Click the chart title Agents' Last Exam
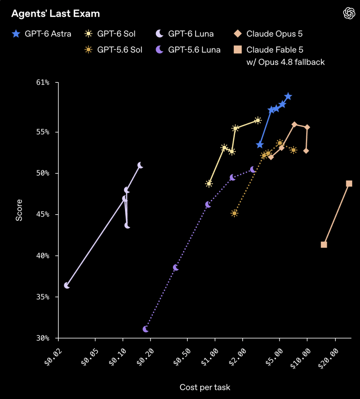[55, 14]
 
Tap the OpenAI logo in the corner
[349, 13]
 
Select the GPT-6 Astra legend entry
[41, 34]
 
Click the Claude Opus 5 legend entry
[268, 34]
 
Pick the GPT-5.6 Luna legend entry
[188, 50]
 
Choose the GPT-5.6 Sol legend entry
[113, 50]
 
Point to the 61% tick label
[43, 82]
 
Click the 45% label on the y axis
[43, 214]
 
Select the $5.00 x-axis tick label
[274, 357]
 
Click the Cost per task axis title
[205, 387]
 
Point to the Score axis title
[19, 210]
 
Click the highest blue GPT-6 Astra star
[288, 96]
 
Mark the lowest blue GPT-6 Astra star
[260, 145]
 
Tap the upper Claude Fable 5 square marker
[349, 183]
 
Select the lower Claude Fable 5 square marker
[324, 245]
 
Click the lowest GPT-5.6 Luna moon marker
[145, 329]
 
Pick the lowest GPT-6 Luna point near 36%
[67, 286]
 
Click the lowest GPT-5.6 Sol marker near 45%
[234, 213]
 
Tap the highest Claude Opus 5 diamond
[294, 124]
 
